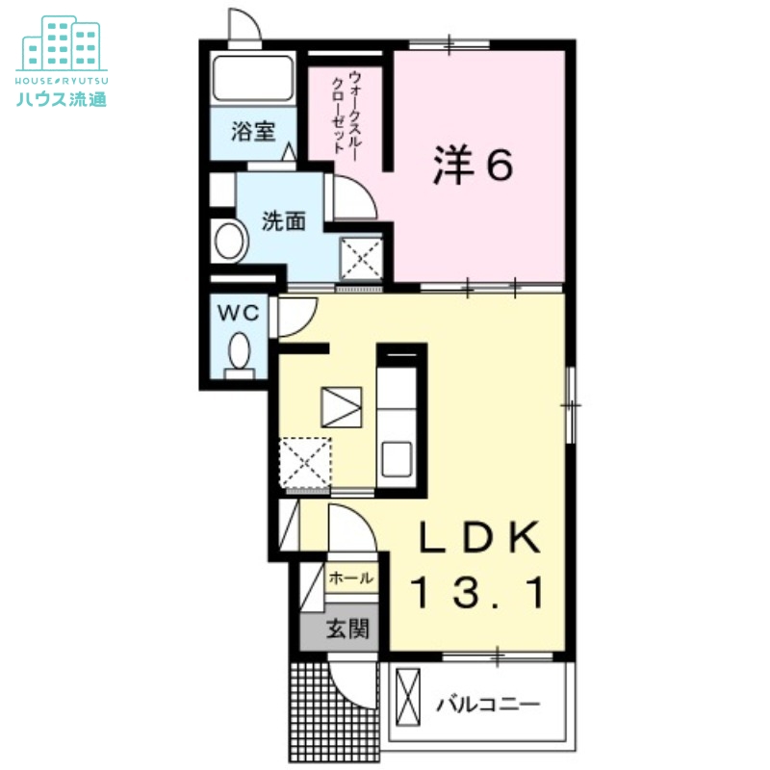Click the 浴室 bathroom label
pos(253,132)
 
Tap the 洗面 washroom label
pos(283,221)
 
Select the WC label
pos(238,313)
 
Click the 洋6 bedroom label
pos(473,166)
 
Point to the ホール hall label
pos(351,578)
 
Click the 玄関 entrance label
pos(347,629)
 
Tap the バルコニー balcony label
pos(488,706)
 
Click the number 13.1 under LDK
pos(477,593)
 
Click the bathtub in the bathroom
pos(253,79)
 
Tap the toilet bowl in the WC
pos(239,351)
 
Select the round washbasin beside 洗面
pos(230,242)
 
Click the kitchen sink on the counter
pos(397,459)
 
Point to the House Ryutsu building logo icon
pos(62,43)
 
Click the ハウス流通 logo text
pos(62,99)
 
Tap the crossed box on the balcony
pos(408,697)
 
